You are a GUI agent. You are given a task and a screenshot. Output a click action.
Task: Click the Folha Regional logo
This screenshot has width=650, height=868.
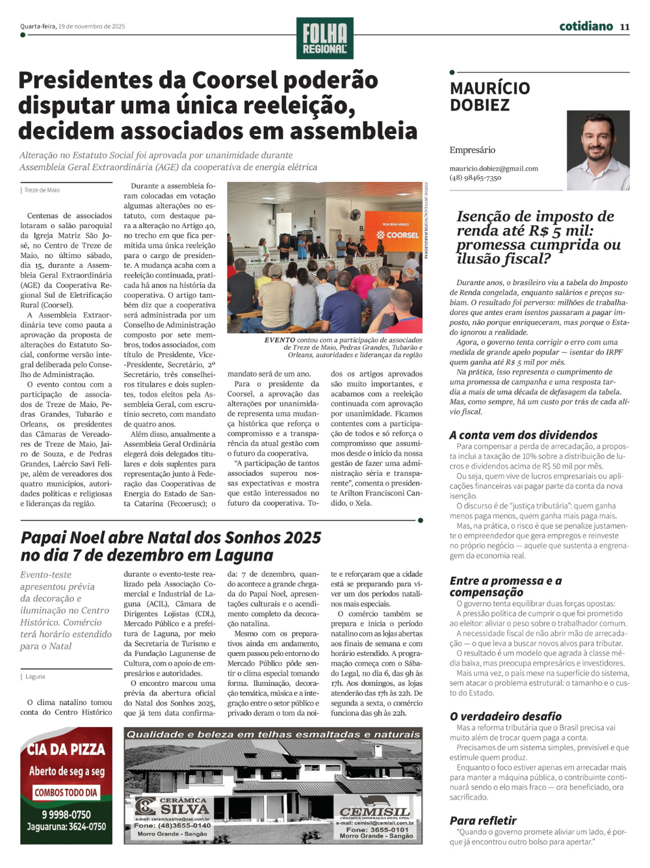click(324, 38)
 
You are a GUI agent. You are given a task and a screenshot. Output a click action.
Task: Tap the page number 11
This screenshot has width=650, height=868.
click(625, 27)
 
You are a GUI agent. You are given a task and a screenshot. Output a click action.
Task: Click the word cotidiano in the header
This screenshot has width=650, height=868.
click(586, 26)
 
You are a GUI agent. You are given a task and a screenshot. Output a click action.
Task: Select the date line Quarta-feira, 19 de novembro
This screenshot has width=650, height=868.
click(72, 27)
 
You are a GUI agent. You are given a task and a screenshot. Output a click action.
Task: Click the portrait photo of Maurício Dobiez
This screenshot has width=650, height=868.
click(598, 150)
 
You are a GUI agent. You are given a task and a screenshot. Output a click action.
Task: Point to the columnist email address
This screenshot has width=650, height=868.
click(493, 168)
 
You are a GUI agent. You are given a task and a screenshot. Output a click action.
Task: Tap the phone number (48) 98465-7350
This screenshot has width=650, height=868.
click(475, 178)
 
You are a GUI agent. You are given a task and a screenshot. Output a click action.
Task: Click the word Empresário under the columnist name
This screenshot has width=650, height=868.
click(472, 150)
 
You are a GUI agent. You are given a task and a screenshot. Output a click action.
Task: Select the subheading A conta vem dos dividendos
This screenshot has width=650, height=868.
click(523, 435)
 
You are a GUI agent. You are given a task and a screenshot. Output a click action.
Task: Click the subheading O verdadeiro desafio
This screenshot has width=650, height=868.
click(506, 716)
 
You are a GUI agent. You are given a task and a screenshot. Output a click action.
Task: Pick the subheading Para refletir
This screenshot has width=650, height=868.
click(483, 821)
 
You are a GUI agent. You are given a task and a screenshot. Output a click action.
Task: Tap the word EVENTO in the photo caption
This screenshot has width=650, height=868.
click(279, 340)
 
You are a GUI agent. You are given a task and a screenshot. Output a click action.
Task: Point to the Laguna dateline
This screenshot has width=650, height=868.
click(35, 677)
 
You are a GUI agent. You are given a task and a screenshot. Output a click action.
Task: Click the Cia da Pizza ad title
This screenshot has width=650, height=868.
click(66, 749)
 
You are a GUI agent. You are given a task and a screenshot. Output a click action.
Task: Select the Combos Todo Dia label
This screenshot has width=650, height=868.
click(66, 793)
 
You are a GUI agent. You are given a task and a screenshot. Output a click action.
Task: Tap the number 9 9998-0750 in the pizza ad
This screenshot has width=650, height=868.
click(66, 815)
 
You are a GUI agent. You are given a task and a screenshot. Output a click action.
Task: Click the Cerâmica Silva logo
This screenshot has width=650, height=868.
click(173, 808)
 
